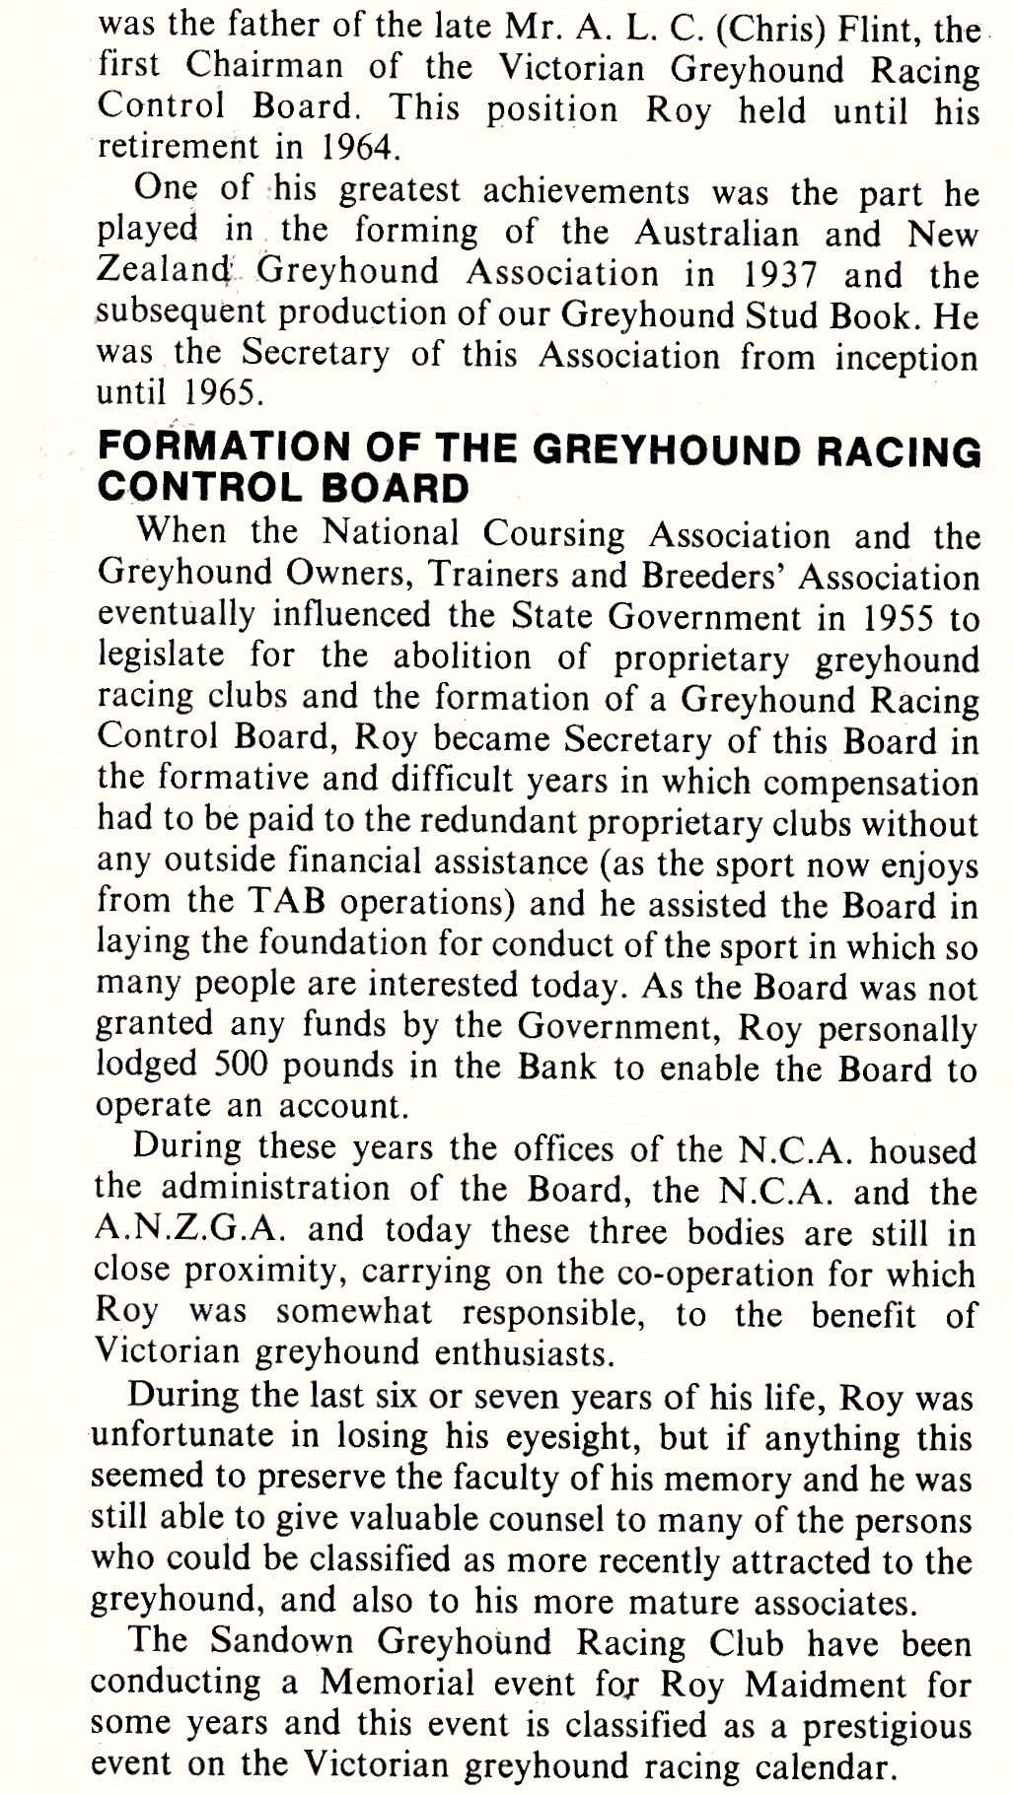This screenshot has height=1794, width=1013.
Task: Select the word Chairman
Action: pyautogui.click(x=264, y=67)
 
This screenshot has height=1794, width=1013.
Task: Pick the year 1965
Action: pyautogui.click(x=223, y=394)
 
